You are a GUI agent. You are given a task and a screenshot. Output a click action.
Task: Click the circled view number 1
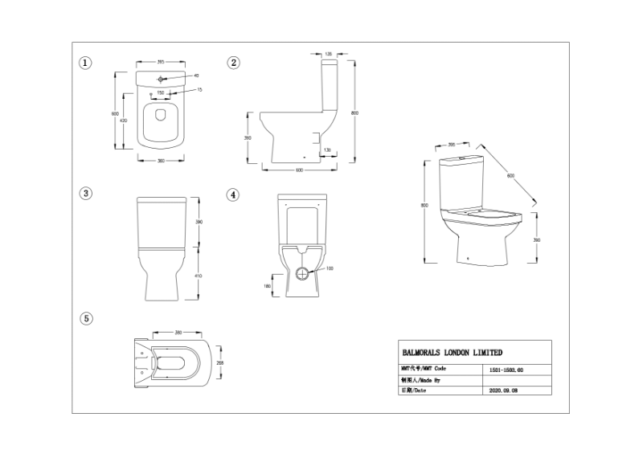[85, 63]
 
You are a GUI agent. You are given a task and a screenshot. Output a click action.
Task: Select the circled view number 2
[233, 63]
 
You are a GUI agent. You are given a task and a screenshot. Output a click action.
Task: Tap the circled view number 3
[85, 193]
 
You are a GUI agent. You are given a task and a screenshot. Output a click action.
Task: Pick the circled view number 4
[232, 194]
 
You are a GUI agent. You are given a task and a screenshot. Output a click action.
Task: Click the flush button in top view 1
[161, 79]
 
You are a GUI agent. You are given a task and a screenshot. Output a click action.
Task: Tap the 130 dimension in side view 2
[327, 150]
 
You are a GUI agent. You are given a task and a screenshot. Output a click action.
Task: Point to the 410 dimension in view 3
[199, 276]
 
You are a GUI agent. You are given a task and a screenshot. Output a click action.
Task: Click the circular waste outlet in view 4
[301, 273]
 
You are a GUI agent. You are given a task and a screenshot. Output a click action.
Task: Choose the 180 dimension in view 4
[267, 285]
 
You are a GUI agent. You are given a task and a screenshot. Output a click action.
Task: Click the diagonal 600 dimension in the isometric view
[510, 175]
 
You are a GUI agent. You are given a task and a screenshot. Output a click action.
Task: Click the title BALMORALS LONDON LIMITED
[452, 352]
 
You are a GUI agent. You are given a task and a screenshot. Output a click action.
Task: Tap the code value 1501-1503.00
[506, 369]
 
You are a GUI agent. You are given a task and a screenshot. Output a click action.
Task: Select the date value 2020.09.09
[503, 391]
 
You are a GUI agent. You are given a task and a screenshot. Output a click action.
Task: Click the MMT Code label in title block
[423, 368]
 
